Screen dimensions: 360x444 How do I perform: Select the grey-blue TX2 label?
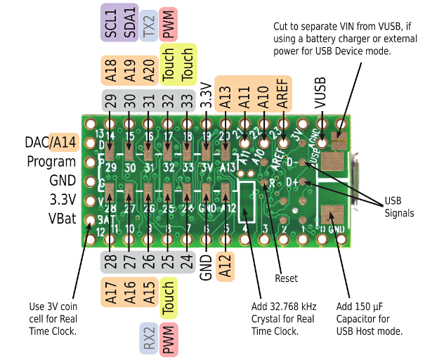(148, 25)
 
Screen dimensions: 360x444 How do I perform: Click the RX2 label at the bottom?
(148, 339)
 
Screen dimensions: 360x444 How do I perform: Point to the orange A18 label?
(110, 71)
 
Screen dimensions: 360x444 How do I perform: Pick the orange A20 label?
(148, 71)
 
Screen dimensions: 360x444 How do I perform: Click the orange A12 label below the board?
(225, 268)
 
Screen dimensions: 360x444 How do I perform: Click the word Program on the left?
(51, 162)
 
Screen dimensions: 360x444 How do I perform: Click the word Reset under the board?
(286, 278)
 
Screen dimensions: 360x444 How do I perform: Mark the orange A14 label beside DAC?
(64, 143)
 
